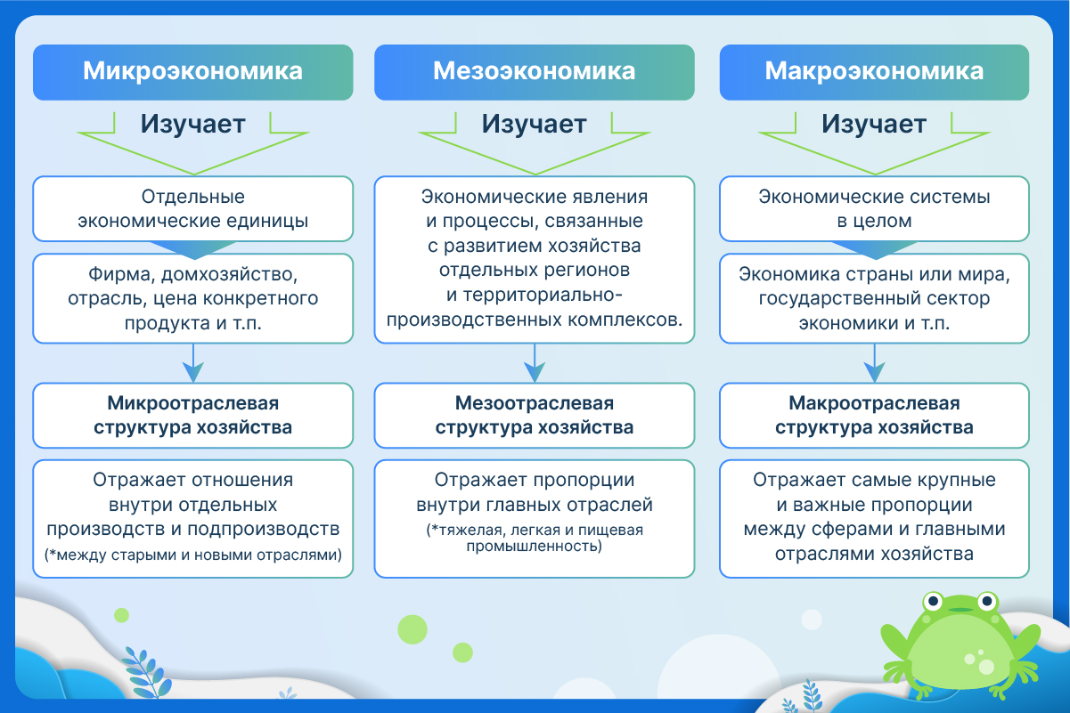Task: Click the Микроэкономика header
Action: pos(192,71)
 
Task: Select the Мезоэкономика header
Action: pos(534,71)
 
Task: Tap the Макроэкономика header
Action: pos(874,71)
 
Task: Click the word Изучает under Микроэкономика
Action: pos(192,124)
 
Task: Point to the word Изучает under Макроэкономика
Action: pos(874,124)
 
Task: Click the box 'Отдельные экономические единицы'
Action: pos(192,209)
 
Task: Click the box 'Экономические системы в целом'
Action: pos(874,209)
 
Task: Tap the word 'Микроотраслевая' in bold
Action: pos(192,404)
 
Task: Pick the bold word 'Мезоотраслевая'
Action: pos(534,404)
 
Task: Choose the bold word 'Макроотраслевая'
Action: pos(874,404)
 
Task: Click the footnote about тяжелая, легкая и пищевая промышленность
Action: pos(534,538)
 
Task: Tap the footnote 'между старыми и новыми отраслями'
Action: pos(192,555)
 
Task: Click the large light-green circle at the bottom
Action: pos(412,629)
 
